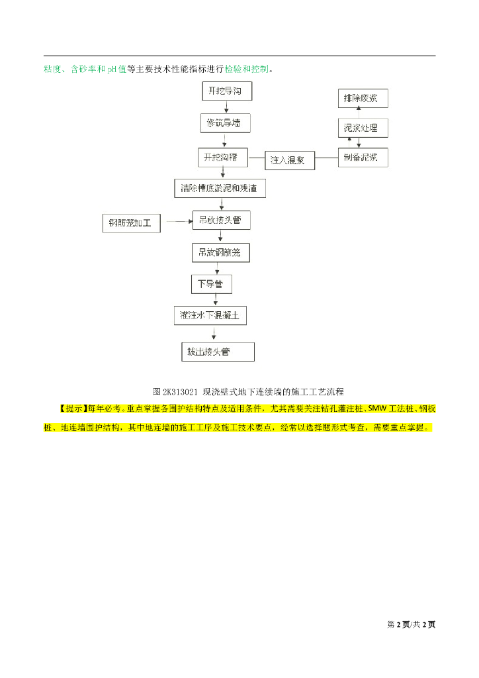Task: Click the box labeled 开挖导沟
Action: [226, 91]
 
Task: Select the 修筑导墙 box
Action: [225, 124]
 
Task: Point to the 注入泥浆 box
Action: [290, 160]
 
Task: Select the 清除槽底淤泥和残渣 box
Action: [220, 188]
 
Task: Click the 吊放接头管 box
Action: [221, 220]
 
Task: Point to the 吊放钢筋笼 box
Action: [220, 252]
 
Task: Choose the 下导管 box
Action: [211, 284]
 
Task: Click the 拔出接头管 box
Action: [218, 352]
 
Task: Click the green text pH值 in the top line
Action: [117, 69]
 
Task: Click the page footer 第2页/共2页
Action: [411, 624]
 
